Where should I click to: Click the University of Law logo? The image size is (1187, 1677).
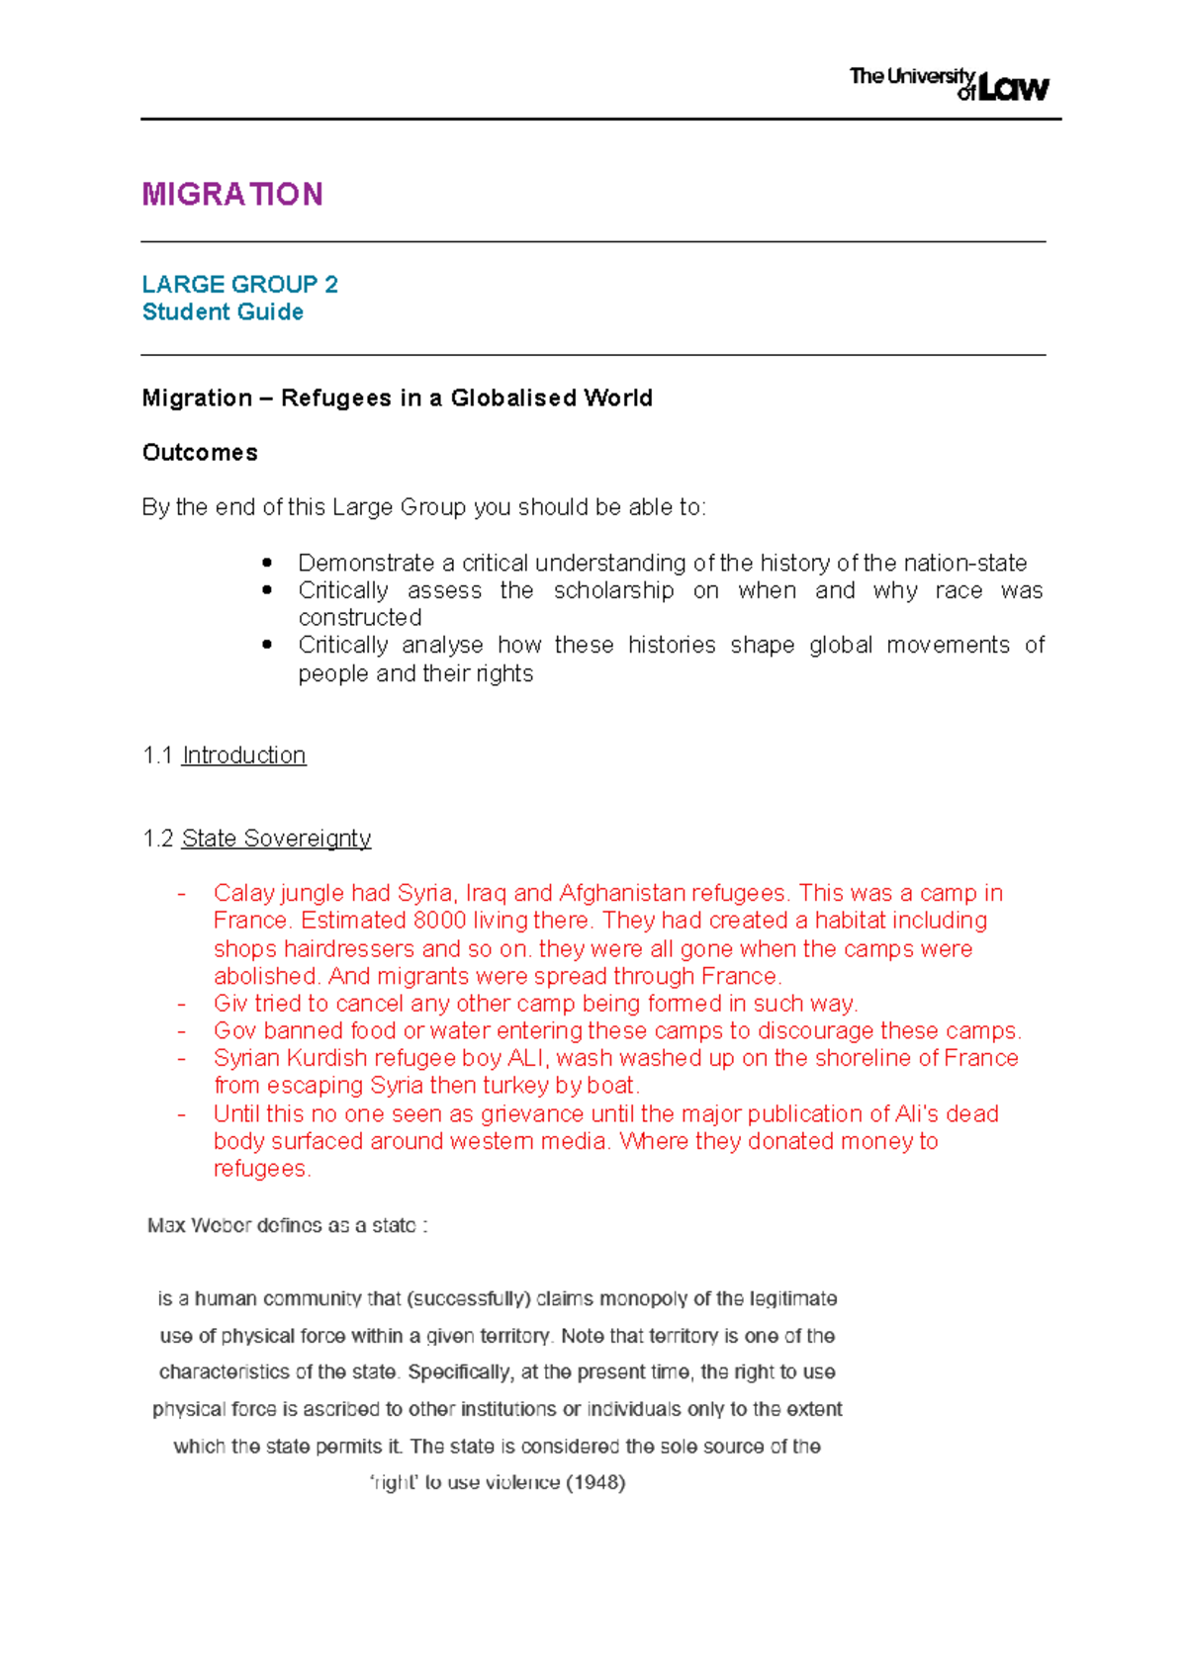click(x=949, y=84)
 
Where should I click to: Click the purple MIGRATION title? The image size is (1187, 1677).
click(x=231, y=194)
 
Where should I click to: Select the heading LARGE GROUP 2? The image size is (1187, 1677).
click(x=239, y=285)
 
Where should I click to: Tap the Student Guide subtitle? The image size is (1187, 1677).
click(x=223, y=312)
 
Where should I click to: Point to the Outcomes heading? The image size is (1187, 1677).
click(x=200, y=453)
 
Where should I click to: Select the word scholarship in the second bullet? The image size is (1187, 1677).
click(x=613, y=591)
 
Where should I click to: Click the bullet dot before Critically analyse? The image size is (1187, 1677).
click(x=267, y=644)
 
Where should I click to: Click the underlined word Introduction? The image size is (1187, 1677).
click(x=243, y=755)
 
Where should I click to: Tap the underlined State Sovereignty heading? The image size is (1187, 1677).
click(x=276, y=838)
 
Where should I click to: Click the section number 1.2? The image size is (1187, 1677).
click(x=157, y=838)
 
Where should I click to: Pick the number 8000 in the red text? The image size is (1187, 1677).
click(x=439, y=921)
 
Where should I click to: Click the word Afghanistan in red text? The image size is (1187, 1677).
click(x=622, y=894)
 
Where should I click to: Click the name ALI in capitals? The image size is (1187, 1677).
click(x=527, y=1058)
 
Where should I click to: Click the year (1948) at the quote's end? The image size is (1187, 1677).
click(x=594, y=1482)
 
